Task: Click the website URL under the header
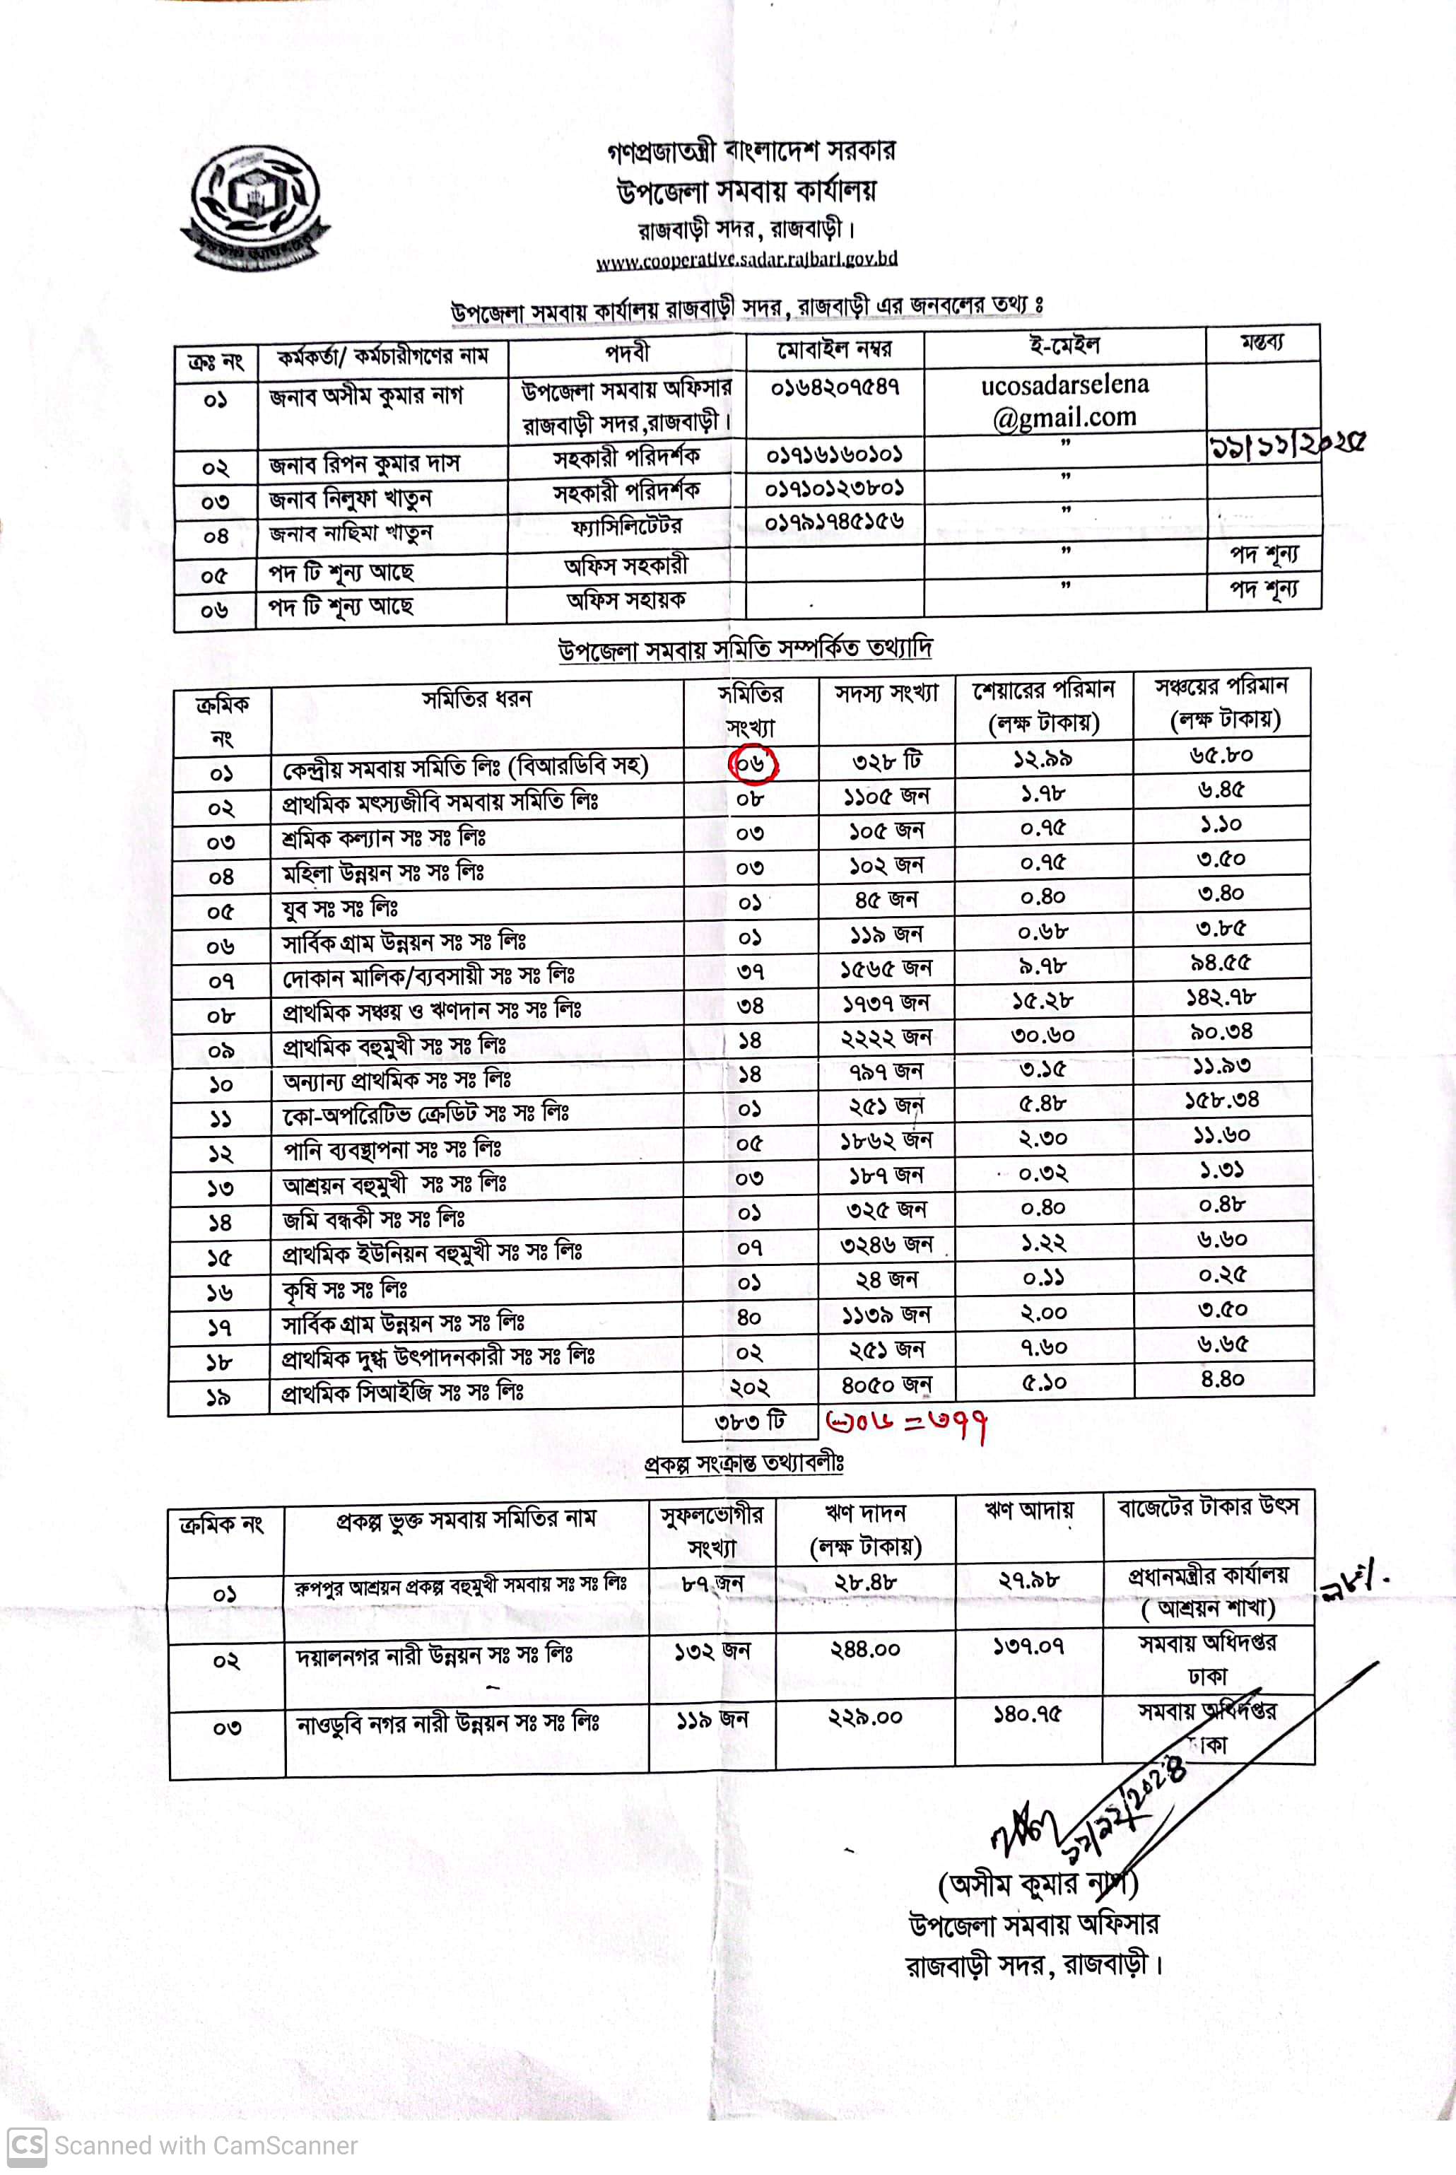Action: point(746,259)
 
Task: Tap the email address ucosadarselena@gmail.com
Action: point(1064,401)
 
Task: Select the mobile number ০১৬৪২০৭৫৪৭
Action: point(835,387)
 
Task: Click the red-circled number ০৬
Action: point(752,763)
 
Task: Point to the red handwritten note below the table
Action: point(905,1421)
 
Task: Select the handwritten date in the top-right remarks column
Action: point(1285,447)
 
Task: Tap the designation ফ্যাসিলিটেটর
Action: point(627,527)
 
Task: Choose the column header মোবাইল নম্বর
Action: point(834,349)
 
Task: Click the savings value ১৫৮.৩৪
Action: point(1222,1101)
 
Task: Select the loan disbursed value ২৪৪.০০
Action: point(864,1648)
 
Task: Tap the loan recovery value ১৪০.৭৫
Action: point(1028,1713)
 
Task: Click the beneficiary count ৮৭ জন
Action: point(712,1583)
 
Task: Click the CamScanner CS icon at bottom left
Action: point(26,2145)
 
